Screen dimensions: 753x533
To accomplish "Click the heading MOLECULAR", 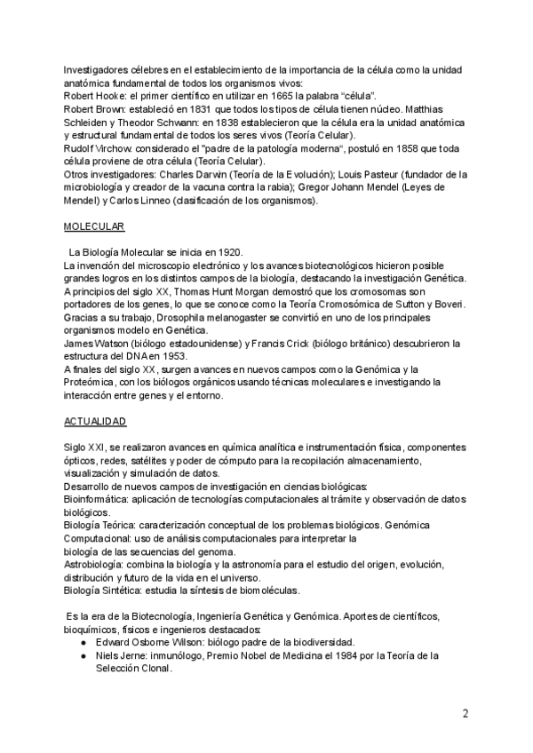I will pyautogui.click(x=93, y=226).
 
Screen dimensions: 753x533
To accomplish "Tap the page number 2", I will pyautogui.click(x=465, y=713).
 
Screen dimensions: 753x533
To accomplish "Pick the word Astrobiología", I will pyautogui.click(x=94, y=566).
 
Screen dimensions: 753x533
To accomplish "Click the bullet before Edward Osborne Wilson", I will pyautogui.click(x=83, y=642).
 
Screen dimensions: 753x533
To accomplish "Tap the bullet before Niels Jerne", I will pyautogui.click(x=83, y=656).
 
